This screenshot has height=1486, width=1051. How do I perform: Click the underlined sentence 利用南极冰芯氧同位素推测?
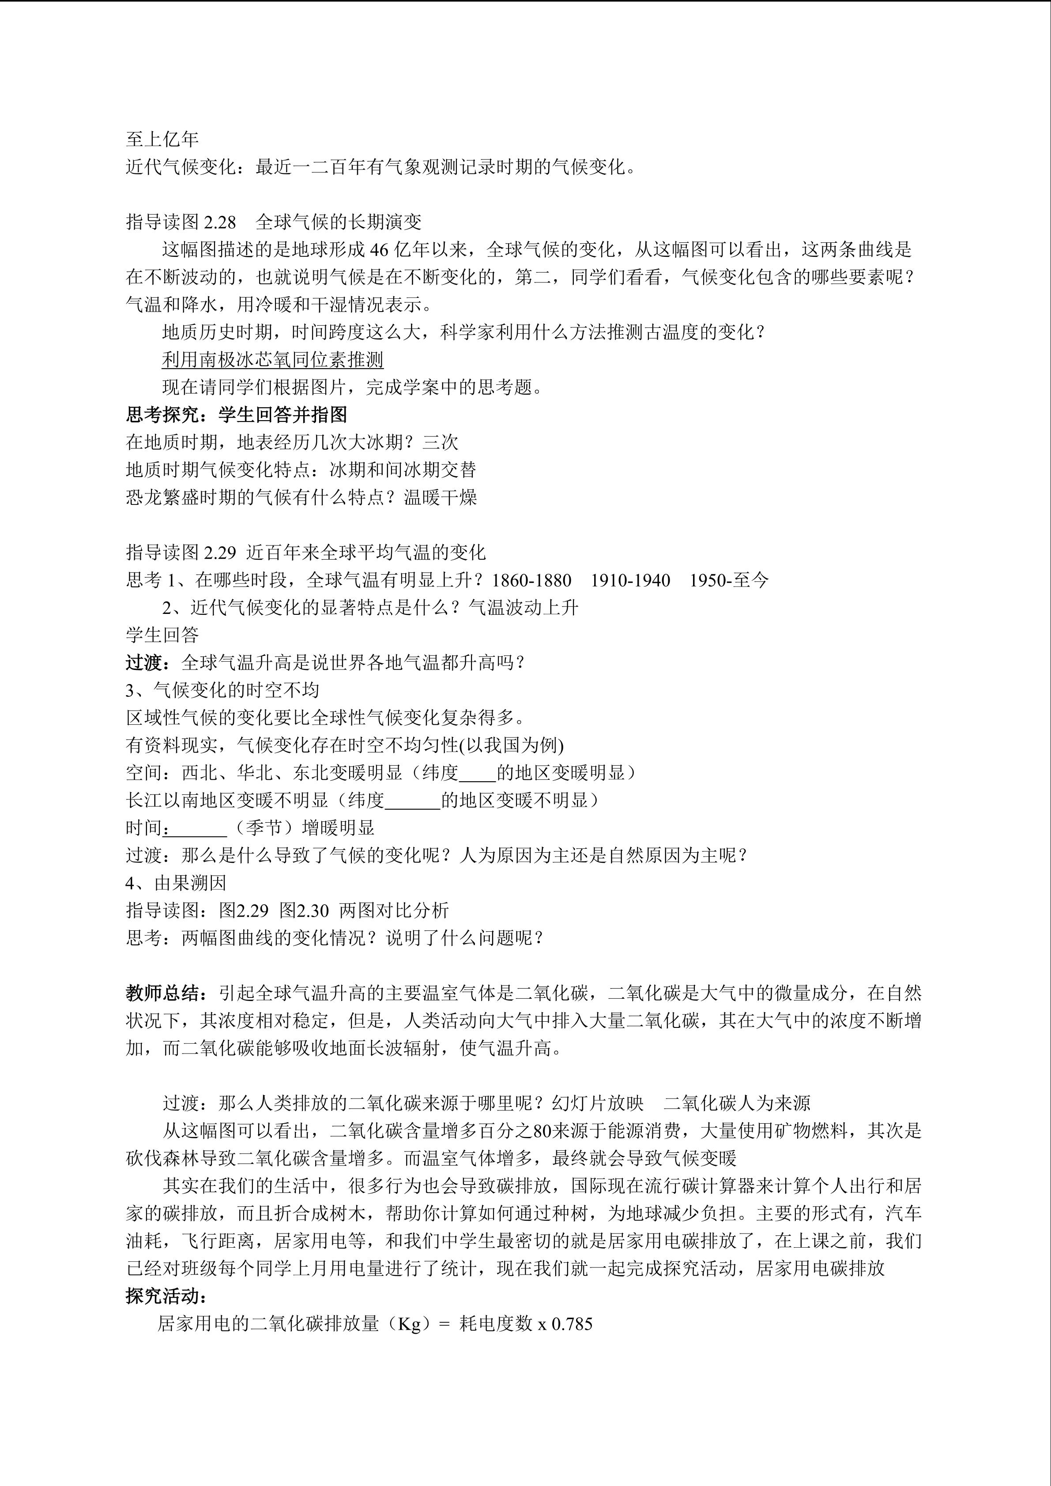pyautogui.click(x=272, y=360)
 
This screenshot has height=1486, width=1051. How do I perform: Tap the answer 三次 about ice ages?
pyautogui.click(x=440, y=443)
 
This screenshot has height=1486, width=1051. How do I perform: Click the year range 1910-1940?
pyautogui.click(x=630, y=580)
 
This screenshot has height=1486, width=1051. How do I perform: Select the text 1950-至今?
pyautogui.click(x=729, y=580)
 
